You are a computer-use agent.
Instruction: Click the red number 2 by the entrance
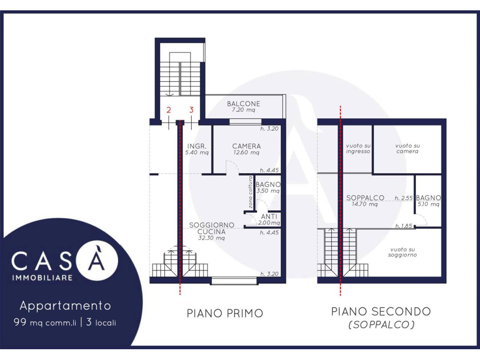click(169, 110)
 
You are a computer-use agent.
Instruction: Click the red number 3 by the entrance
click(191, 110)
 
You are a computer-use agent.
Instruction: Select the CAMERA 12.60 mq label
click(247, 149)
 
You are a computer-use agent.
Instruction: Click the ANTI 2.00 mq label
click(269, 219)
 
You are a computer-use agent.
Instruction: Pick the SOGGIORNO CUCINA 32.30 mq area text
click(211, 231)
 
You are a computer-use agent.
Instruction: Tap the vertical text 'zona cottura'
click(250, 192)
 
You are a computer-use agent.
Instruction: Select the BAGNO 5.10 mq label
click(428, 201)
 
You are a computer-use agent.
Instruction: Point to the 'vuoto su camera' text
click(407, 149)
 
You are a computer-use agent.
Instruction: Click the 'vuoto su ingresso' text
click(358, 149)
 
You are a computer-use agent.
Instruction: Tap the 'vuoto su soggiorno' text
click(403, 252)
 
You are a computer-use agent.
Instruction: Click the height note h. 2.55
click(404, 198)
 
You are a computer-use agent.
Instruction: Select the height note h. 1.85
click(404, 226)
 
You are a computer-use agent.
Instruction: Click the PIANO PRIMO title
click(225, 313)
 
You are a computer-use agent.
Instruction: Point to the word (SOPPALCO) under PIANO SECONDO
click(382, 324)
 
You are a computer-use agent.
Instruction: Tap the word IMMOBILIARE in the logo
click(42, 277)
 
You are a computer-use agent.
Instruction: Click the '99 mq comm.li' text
click(45, 322)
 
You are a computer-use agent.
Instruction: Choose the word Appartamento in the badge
click(65, 306)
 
